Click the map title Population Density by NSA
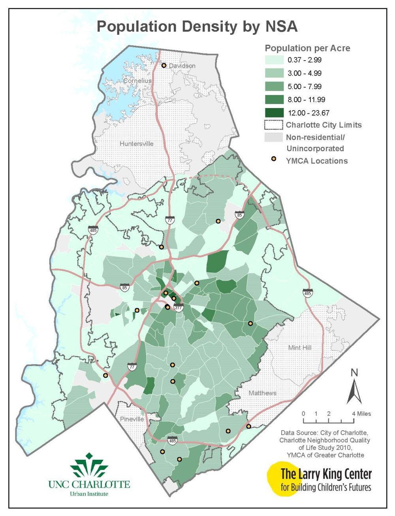point(197,27)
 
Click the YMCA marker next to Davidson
point(164,65)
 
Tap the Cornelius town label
point(137,81)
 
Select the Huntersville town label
point(136,144)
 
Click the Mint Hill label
point(300,347)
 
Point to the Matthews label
point(263,393)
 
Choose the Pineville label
point(131,419)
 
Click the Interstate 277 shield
point(179,307)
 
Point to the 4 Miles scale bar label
point(361,414)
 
